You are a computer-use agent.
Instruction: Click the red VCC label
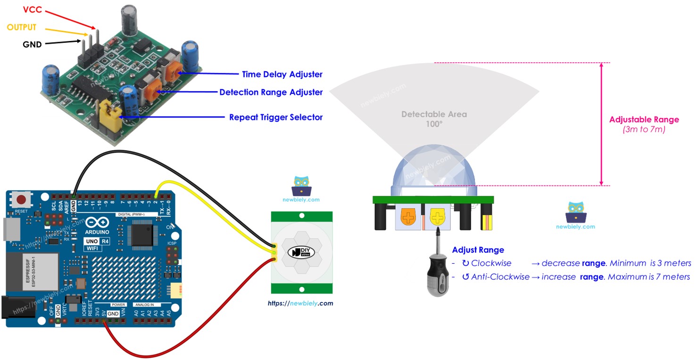[x=20, y=10]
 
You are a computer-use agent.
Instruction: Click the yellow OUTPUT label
[x=22, y=27]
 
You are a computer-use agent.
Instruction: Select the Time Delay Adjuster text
[x=282, y=75]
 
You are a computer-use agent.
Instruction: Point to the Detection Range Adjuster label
[x=271, y=92]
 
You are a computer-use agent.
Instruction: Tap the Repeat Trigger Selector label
[x=275, y=117]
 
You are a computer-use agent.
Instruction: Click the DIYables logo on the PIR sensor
[x=302, y=252]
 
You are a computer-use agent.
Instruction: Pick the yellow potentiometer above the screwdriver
[x=438, y=218]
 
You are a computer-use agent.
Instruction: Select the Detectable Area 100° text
[x=434, y=118]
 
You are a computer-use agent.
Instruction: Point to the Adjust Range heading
[x=478, y=250]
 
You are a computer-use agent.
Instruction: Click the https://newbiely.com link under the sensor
[x=300, y=303]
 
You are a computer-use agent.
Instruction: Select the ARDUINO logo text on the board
[x=98, y=232]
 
